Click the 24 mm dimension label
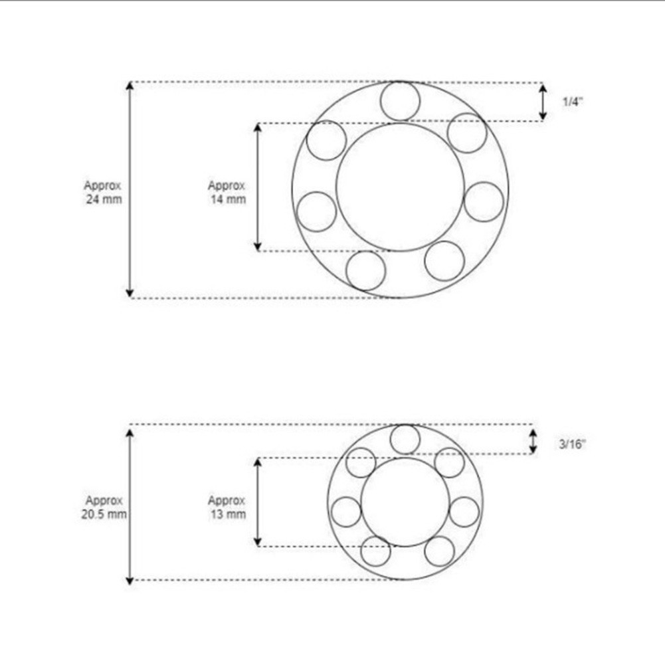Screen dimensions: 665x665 (103, 192)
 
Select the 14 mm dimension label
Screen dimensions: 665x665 (227, 192)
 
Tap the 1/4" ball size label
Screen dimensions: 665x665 (572, 102)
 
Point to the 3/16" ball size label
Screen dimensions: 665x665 (571, 443)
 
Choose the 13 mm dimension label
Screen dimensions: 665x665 (227, 507)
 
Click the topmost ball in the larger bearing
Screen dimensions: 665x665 (400, 102)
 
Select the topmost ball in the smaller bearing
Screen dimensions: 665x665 (405, 439)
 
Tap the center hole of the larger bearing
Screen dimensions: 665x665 (400, 187)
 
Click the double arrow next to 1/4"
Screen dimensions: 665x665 (543, 102)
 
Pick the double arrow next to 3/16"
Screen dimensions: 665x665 (533, 441)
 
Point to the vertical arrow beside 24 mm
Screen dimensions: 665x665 (130, 190)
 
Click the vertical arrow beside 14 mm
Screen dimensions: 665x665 (258, 187)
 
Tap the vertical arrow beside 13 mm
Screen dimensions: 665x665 (258, 502)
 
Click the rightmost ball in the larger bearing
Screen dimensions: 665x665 (484, 202)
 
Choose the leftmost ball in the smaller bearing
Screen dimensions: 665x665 (346, 512)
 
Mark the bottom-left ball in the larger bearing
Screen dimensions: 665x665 (366, 270)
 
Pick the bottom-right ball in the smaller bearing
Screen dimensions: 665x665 (439, 551)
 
